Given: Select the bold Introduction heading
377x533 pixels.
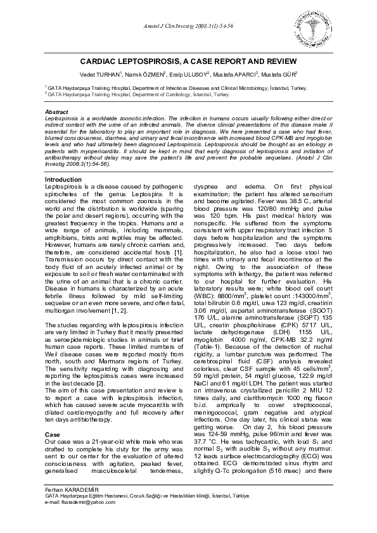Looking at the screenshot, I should coord(64,180).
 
